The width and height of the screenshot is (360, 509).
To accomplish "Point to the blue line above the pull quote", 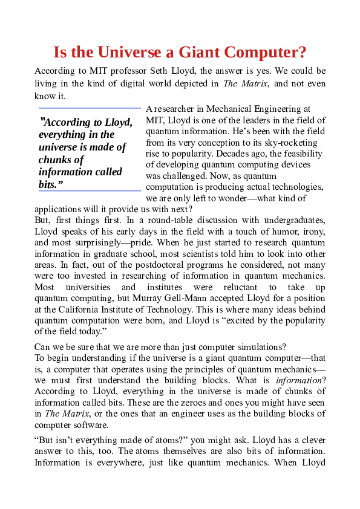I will pos(90,108).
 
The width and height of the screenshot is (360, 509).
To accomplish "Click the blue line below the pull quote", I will pos(90,190).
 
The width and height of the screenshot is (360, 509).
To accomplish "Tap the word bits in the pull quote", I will pos(48,184).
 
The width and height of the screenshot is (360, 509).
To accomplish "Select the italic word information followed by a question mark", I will pos(295,381).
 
